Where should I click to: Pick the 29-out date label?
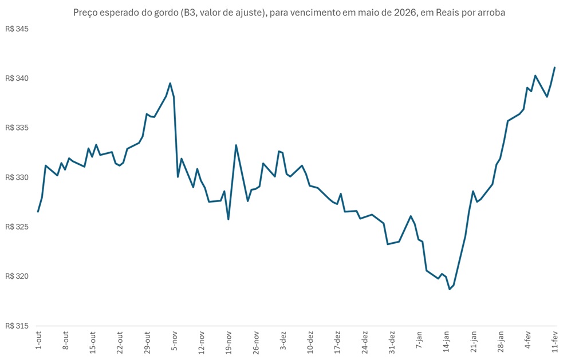(147, 341)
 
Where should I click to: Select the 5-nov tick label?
(175, 340)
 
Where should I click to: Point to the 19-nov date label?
(229, 341)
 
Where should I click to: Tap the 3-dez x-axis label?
(283, 340)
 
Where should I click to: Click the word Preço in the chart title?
(85, 12)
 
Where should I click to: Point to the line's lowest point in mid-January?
(450, 289)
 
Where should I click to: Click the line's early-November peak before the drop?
(170, 83)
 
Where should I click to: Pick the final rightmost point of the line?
(555, 68)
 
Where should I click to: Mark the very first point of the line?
(38, 212)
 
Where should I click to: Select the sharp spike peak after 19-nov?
(236, 145)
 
